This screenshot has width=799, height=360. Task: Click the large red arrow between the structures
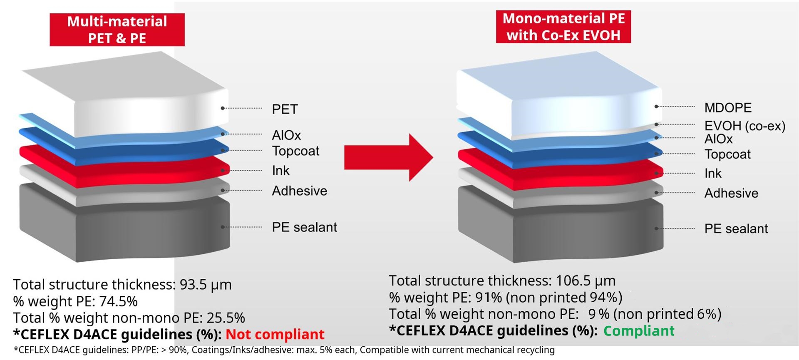pos(389,157)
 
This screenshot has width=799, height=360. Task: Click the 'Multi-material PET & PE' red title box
pos(117,30)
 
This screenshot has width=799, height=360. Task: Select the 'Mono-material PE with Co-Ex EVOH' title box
pos(563,27)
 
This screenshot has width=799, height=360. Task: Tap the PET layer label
pos(285,109)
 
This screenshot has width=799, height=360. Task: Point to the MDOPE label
pos(728,108)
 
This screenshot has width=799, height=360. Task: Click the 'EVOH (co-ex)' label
pos(745,126)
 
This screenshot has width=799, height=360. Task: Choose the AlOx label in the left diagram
pos(286,135)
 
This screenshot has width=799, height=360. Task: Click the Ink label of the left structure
pos(280,171)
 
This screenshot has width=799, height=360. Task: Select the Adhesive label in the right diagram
pos(731,193)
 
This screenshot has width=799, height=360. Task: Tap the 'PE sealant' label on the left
pos(304,227)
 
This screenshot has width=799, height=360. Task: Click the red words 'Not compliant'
pos(275,334)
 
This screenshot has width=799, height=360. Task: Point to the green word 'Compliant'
pos(639,331)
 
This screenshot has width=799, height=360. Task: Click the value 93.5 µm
pos(206,285)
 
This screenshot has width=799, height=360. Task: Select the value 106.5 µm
pos(586,281)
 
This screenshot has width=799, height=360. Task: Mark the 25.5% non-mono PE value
pos(226,318)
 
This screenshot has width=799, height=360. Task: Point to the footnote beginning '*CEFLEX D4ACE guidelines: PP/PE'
pos(284,350)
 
